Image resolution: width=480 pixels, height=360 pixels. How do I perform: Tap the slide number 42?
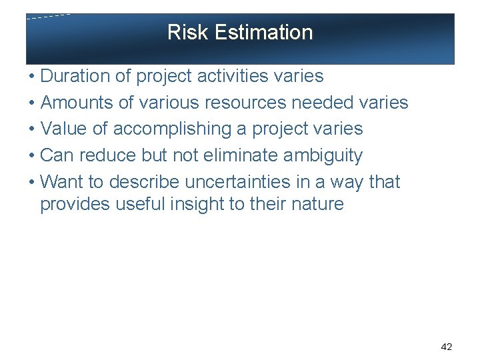447,347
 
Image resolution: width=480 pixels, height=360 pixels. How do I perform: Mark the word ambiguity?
323,156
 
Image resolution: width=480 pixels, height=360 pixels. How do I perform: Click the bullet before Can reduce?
32,156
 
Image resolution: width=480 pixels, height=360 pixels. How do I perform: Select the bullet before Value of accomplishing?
32,129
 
